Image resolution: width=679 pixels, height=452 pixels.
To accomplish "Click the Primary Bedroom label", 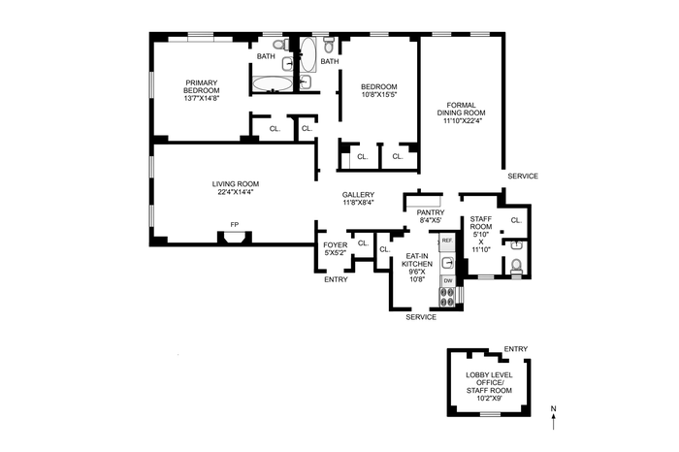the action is [x=202, y=86].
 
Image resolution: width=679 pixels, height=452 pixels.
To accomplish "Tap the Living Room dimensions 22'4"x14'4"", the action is [x=236, y=192].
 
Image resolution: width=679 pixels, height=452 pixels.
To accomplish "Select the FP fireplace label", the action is [x=235, y=224].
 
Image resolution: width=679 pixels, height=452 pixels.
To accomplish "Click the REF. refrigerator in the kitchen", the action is [x=447, y=242].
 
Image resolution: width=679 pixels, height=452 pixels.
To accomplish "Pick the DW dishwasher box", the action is [x=448, y=281].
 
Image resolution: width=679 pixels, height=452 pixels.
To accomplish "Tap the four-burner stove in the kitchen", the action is [x=448, y=297].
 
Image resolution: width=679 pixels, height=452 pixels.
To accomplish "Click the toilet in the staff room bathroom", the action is [x=516, y=266].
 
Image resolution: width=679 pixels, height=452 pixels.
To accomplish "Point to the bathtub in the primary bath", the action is [x=273, y=84].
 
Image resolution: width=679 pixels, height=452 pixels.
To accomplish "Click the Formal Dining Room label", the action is [x=461, y=109].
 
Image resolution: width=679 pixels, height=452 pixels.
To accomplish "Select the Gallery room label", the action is [x=358, y=195].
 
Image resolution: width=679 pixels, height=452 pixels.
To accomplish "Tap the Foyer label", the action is [x=336, y=245].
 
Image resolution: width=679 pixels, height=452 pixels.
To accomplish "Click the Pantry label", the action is [x=431, y=212].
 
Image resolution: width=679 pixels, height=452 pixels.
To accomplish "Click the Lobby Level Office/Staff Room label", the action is [x=489, y=383].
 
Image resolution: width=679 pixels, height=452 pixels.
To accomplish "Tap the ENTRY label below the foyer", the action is [x=336, y=279].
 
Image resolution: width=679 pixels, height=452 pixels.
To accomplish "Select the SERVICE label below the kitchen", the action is [x=421, y=317].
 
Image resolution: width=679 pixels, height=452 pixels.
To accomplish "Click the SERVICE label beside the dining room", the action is [x=523, y=177].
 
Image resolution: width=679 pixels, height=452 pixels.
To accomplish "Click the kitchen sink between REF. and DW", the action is [x=448, y=263].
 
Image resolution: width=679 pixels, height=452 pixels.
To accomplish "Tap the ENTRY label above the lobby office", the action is [x=516, y=349].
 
